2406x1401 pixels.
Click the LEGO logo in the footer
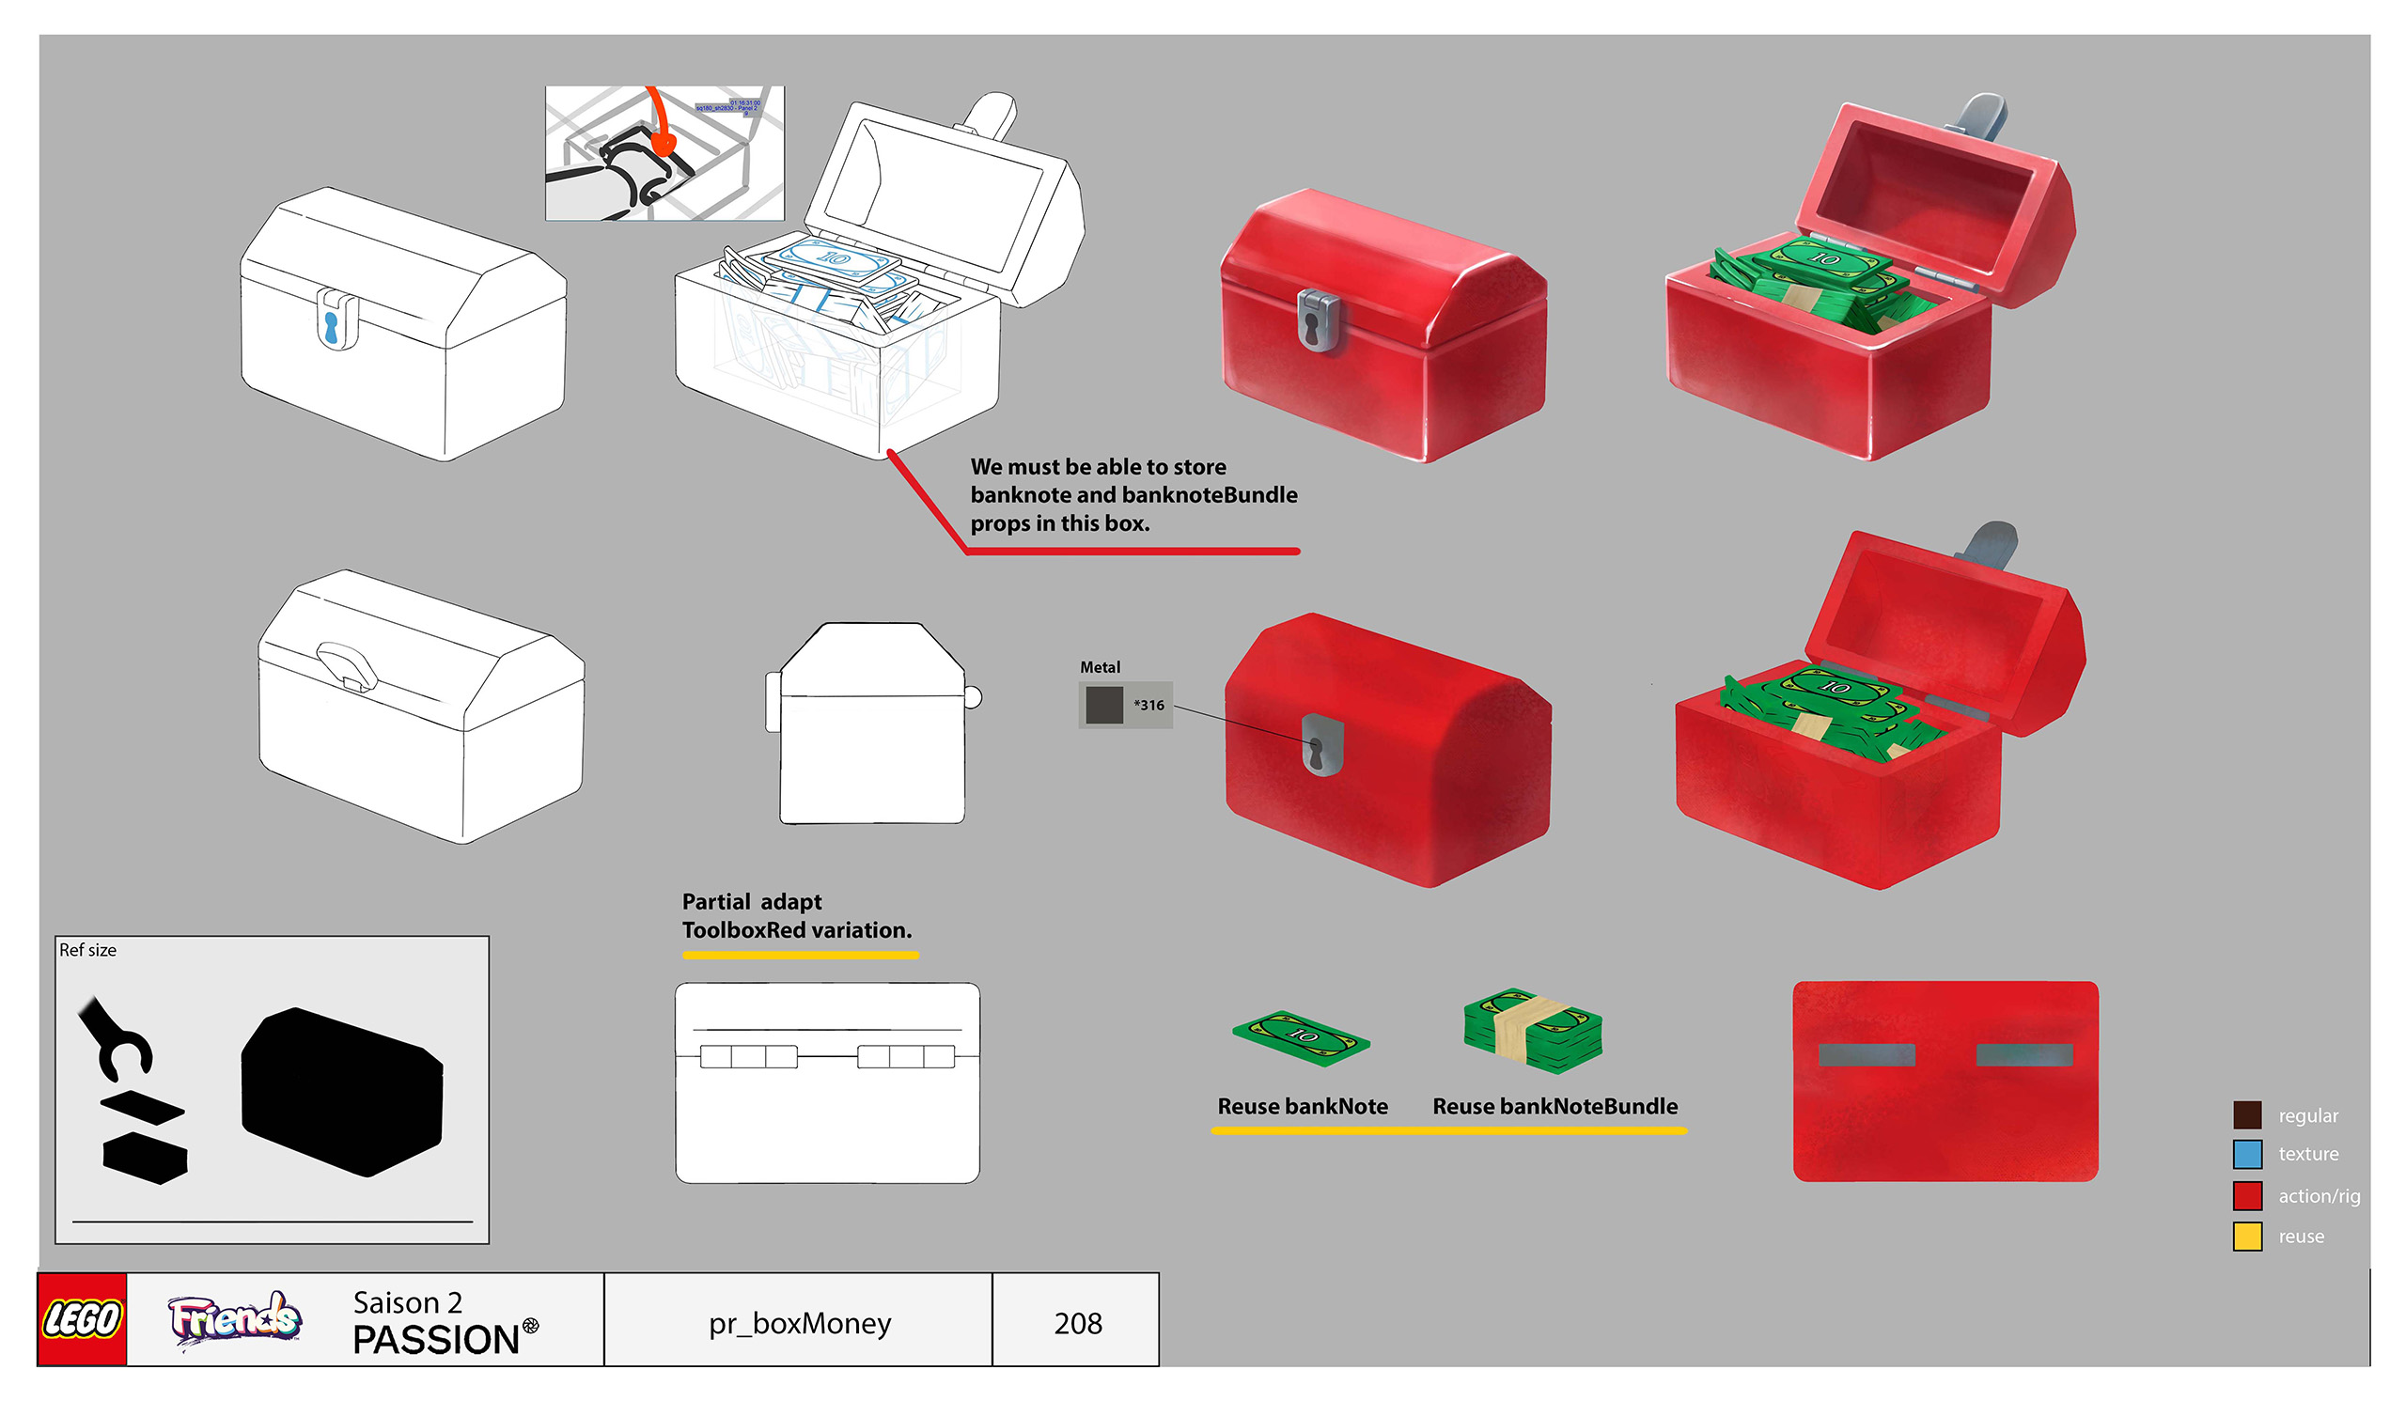(x=82, y=1319)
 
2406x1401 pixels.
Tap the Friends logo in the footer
(x=235, y=1319)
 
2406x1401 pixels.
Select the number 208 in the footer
(x=1078, y=1323)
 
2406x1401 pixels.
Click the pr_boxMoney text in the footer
(x=799, y=1323)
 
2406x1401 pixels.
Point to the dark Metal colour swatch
(x=1103, y=706)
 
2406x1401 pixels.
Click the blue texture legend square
(x=2246, y=1154)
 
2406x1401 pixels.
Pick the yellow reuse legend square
(x=2246, y=1236)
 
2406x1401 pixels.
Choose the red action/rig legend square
(x=2246, y=1196)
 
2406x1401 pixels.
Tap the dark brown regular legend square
(x=2246, y=1114)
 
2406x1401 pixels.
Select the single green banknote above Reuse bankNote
(x=1301, y=1038)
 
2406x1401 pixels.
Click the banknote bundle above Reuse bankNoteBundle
(x=1532, y=1031)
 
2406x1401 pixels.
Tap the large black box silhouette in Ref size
(x=342, y=1091)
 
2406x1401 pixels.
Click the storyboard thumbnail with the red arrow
(x=664, y=153)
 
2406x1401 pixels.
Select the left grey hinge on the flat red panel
(x=1866, y=1054)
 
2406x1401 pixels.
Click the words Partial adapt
(x=751, y=902)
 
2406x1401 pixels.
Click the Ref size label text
(x=87, y=951)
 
